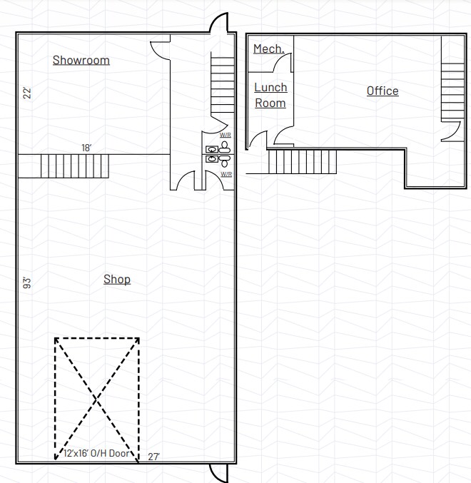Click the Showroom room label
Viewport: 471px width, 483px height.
pos(81,60)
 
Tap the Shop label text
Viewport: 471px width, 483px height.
pos(117,279)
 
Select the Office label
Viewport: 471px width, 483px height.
pos(383,91)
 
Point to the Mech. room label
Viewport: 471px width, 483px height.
pos(269,49)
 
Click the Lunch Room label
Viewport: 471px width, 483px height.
pos(271,95)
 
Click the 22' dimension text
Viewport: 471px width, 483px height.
pos(26,92)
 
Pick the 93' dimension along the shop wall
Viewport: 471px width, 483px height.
pos(26,283)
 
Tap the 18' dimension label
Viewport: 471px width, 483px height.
pos(86,148)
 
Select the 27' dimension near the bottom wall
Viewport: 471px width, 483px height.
pos(153,457)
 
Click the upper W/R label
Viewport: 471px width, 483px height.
pos(226,135)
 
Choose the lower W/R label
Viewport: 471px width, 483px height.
pos(226,173)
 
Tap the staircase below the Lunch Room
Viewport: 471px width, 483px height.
pos(302,161)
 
